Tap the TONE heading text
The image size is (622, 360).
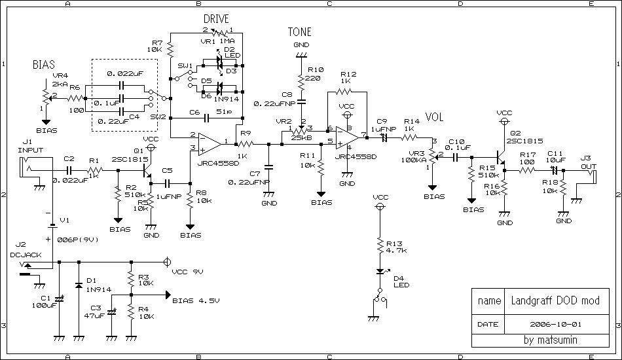point(299,32)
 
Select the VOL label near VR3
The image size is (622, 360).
point(435,118)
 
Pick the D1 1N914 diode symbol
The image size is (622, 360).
point(79,285)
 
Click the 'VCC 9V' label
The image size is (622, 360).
point(188,270)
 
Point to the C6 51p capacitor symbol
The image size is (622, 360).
point(206,118)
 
